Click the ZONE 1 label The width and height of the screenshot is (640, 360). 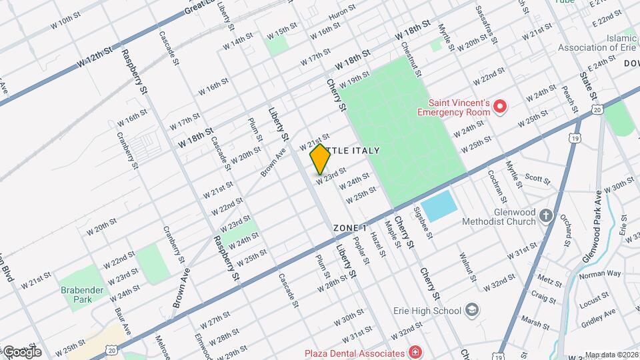tap(351, 228)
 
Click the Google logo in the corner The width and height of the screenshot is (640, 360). tap(22, 351)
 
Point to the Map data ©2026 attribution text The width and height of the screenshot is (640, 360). tap(611, 355)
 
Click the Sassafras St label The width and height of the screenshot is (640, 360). tap(486, 24)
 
